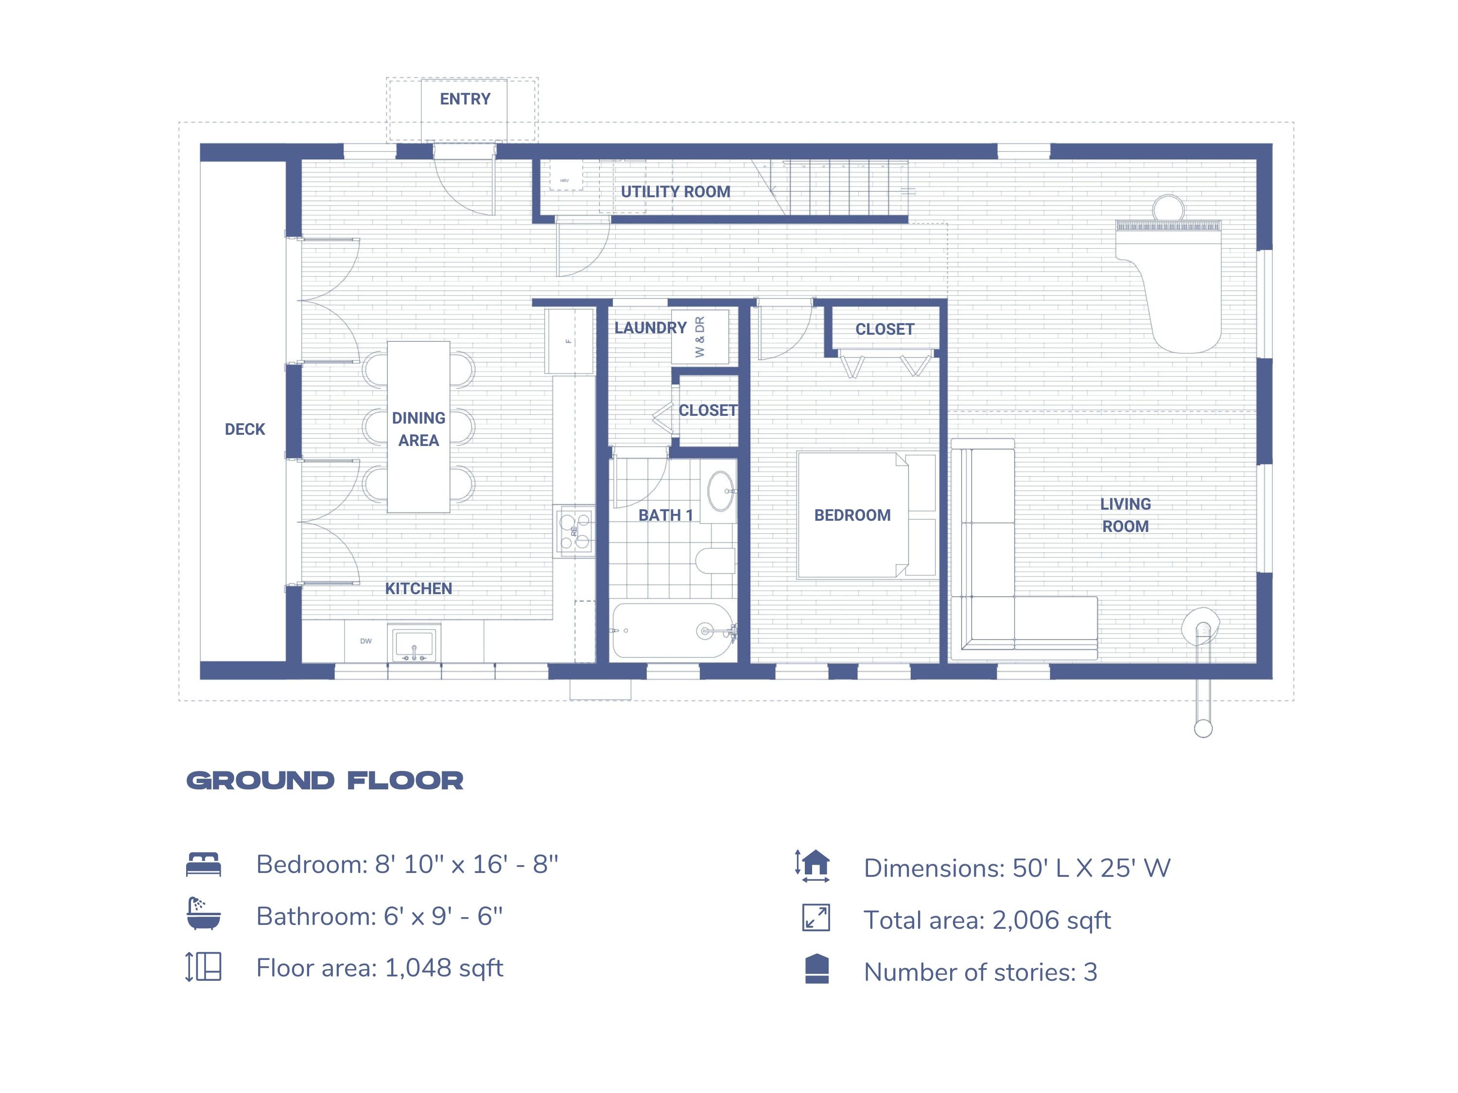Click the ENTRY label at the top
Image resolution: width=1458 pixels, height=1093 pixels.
tap(465, 99)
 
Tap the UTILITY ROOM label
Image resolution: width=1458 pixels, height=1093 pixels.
tap(675, 192)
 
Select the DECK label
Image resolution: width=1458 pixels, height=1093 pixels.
tap(244, 429)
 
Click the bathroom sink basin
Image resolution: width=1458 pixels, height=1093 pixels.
tap(720, 491)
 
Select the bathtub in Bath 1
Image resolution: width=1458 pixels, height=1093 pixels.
tap(672, 631)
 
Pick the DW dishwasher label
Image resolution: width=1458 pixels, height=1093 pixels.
tap(366, 641)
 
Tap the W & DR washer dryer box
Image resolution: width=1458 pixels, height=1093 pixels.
tap(700, 337)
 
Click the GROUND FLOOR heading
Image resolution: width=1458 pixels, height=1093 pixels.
tap(325, 781)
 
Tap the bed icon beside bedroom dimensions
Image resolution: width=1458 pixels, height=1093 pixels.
tap(204, 864)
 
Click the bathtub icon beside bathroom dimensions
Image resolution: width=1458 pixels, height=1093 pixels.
tap(204, 914)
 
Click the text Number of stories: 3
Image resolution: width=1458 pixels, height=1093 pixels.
tap(980, 972)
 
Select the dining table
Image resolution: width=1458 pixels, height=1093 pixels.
tap(418, 427)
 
